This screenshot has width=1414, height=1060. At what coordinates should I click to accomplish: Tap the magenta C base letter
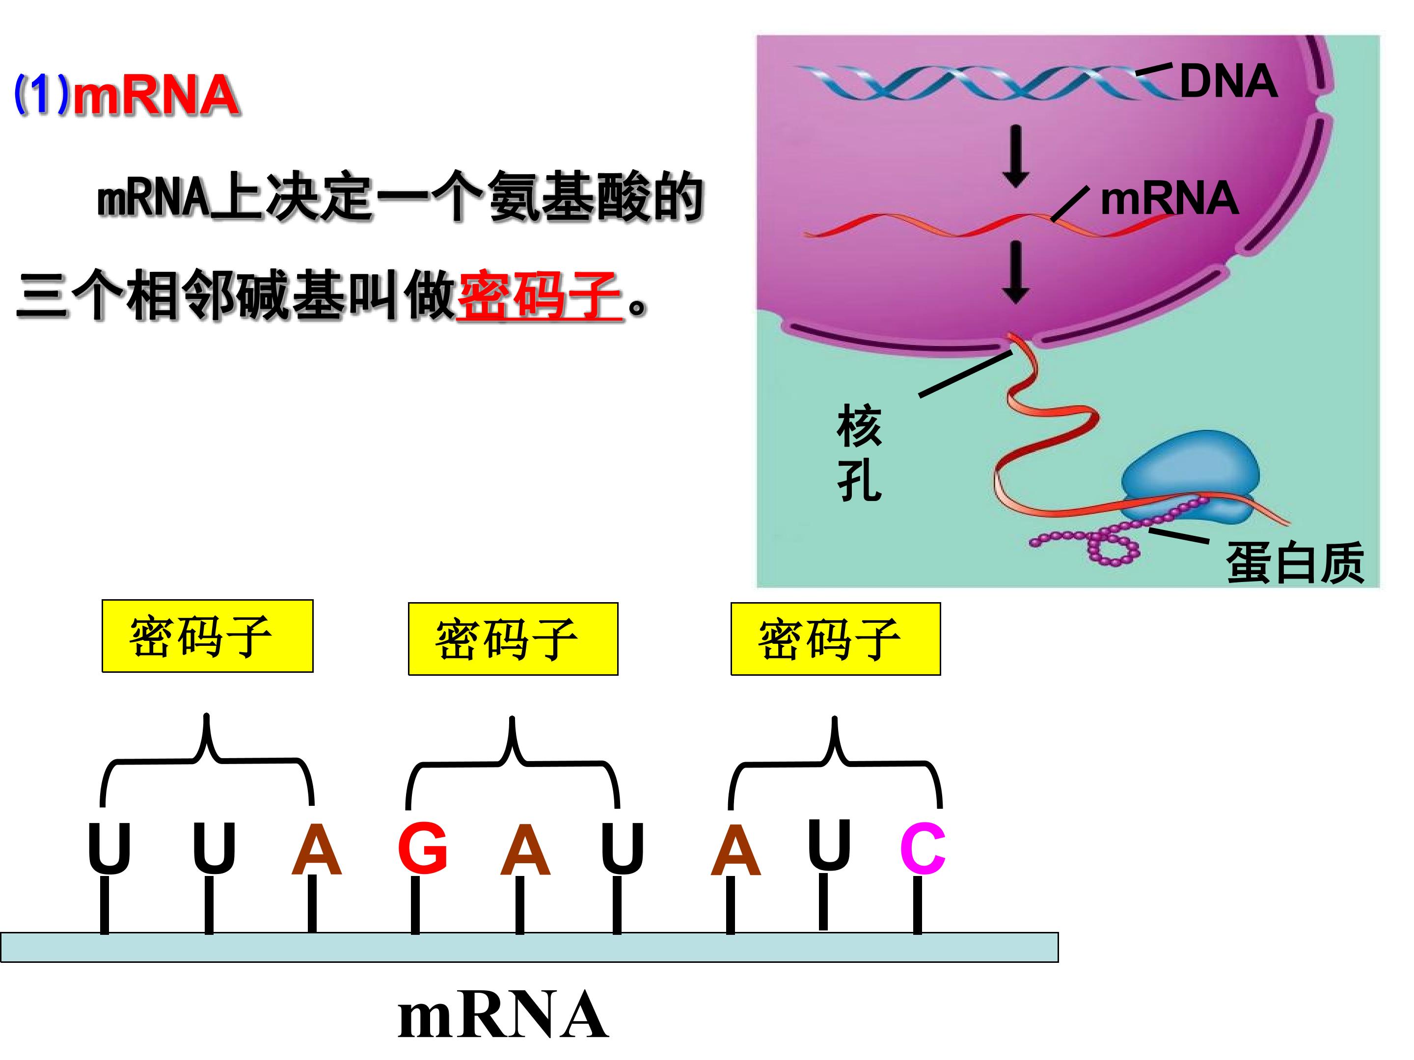click(923, 848)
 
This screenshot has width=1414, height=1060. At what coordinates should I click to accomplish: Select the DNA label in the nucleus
click(1228, 82)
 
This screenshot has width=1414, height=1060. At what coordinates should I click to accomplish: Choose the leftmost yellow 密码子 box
click(207, 636)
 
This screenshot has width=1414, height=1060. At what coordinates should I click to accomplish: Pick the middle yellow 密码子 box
click(513, 638)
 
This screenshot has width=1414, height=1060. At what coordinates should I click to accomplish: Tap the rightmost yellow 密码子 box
click(836, 638)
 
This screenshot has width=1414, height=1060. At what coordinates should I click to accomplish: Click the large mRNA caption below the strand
click(502, 1016)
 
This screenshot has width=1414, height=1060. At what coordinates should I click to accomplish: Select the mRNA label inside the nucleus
click(1169, 198)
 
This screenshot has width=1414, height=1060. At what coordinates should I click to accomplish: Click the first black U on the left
click(109, 848)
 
